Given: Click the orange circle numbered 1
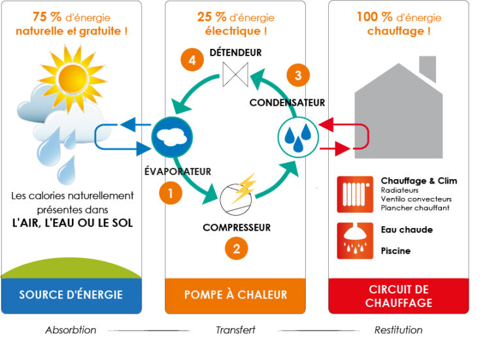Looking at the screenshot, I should [171, 193].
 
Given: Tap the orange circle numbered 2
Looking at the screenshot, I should [237, 248].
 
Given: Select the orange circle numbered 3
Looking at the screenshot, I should [298, 76].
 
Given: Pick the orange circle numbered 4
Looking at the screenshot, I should [192, 61].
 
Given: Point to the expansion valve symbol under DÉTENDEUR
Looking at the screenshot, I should [235, 74].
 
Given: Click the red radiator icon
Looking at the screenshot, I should [355, 194].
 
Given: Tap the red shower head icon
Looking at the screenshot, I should [355, 240].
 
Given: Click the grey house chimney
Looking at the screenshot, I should [427, 67].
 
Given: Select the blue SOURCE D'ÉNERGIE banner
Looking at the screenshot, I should [71, 295].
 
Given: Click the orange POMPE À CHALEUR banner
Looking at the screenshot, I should [235, 295].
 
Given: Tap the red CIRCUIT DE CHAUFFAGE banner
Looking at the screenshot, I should [399, 296].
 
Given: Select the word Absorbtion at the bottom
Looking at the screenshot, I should [71, 330].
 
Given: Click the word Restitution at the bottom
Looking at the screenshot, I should [398, 330].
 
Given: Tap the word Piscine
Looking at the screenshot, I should [395, 251].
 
